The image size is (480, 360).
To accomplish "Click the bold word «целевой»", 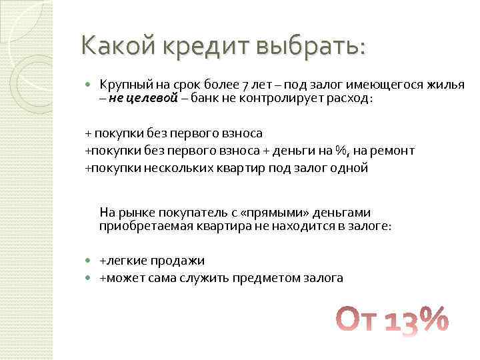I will (x=154, y=99).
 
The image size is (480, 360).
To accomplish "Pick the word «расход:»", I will (x=350, y=99).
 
